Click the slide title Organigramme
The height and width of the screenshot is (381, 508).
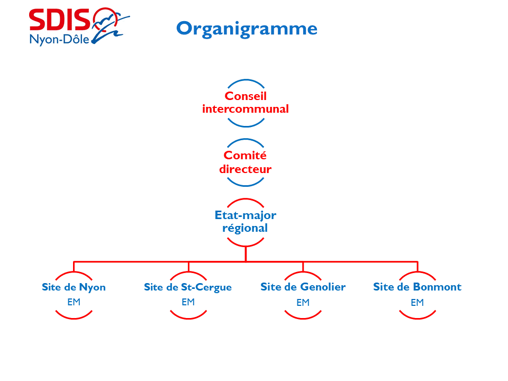pos(247,28)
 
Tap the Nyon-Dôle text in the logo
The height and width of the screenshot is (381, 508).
pos(60,39)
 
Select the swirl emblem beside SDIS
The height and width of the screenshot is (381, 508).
pos(110,25)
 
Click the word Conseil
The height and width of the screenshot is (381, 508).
pos(246,96)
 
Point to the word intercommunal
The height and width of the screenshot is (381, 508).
pos(246,109)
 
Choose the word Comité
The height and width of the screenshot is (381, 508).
pos(246,156)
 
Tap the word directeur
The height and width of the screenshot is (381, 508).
pos(246,169)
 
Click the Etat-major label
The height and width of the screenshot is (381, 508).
pos(246,215)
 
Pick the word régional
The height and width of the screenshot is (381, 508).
pos(246,228)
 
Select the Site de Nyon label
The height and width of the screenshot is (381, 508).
pos(74,287)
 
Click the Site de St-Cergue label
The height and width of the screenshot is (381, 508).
pos(188,287)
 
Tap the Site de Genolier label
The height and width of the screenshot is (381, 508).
pos(303,287)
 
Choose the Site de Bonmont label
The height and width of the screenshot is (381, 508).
pos(417,287)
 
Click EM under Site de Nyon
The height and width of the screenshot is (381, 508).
pos(74,302)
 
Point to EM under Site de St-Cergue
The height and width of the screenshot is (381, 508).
pos(188,302)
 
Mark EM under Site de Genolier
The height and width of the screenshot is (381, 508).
pos(303,303)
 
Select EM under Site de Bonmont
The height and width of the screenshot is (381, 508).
pos(417,303)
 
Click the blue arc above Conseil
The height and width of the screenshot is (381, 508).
pos(246,80)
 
